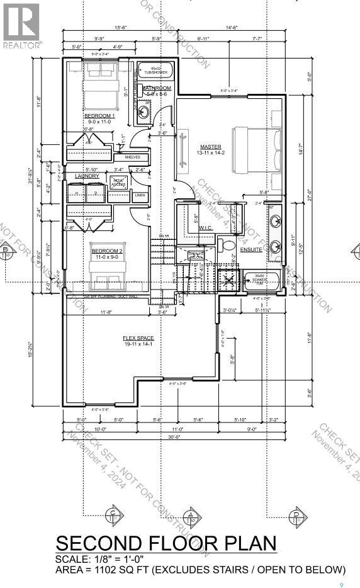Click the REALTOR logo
pos(21,25)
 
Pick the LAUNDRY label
pos(87,176)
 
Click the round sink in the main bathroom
pos(143,112)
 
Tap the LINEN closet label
pos(140,195)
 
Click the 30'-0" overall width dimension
pos(174,436)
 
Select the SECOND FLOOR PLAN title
pos(166,543)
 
